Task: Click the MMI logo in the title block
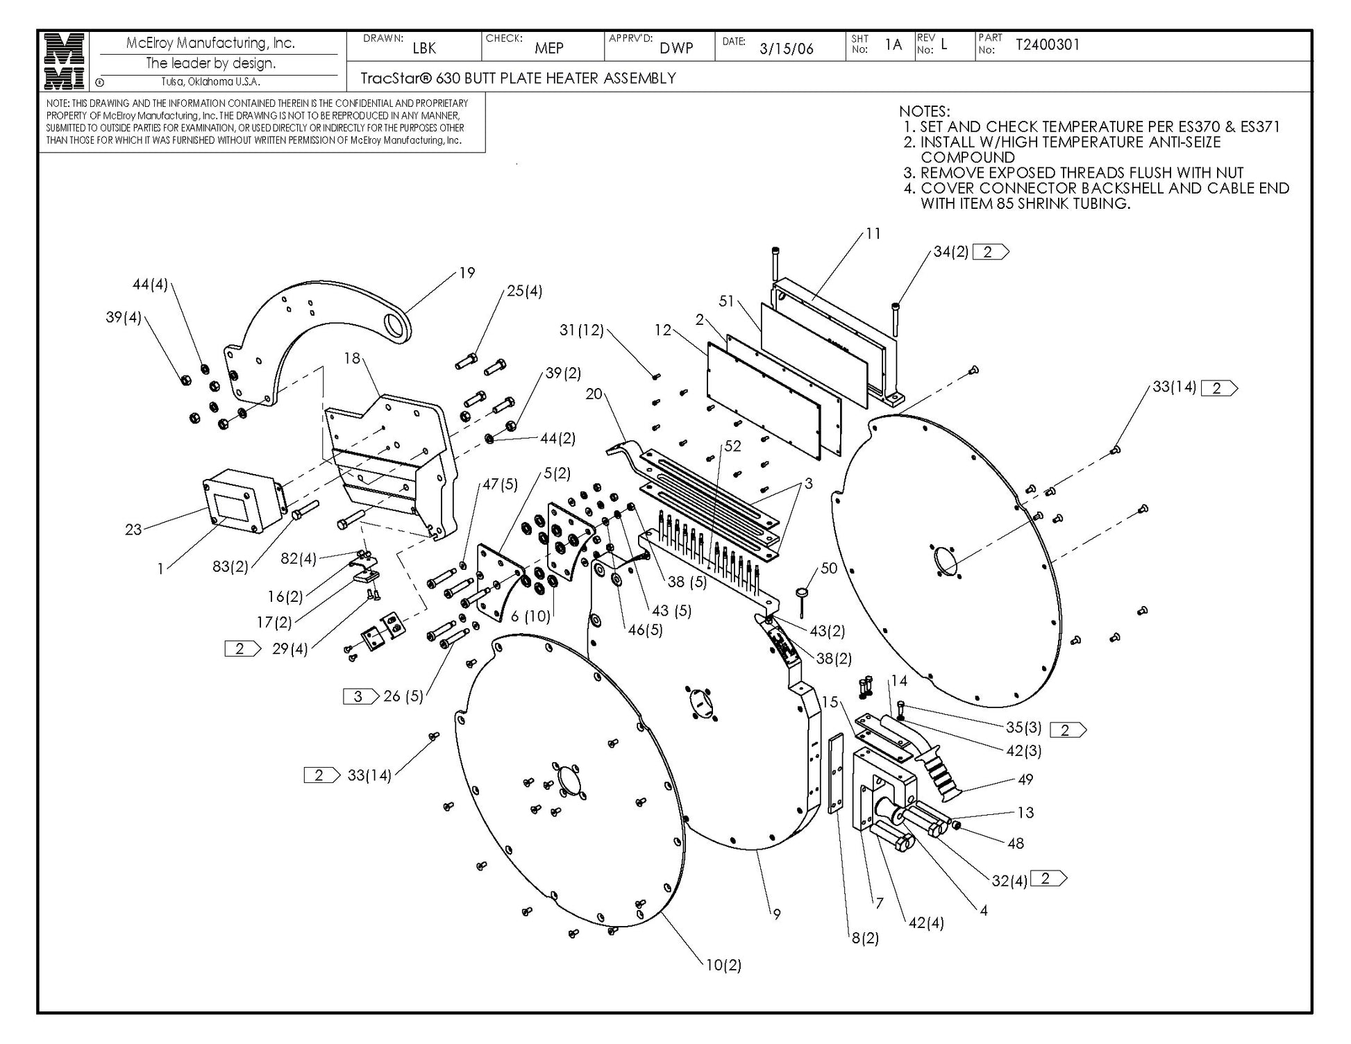tap(64, 61)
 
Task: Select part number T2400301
tap(1048, 45)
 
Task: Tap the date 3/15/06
tap(786, 49)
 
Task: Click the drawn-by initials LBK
tap(424, 48)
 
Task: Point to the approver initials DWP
tap(676, 48)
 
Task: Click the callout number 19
tap(467, 273)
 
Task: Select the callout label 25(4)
tap(524, 291)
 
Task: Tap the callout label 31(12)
tap(582, 330)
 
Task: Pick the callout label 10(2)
tap(723, 965)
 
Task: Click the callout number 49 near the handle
tap(1025, 780)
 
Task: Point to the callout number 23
tap(133, 530)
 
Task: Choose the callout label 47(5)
tap(500, 484)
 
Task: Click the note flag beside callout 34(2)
tap(990, 252)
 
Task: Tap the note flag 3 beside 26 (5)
tap(360, 696)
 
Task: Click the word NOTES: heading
tap(924, 111)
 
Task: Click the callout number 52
tap(733, 446)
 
